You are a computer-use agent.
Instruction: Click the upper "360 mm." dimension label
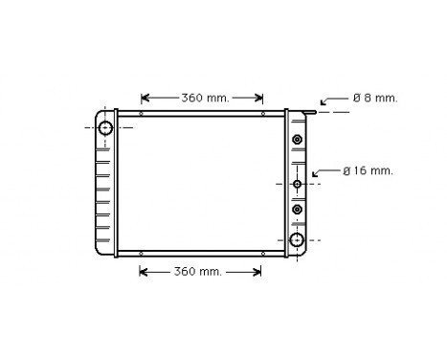(202, 98)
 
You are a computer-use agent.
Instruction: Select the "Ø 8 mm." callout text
(374, 98)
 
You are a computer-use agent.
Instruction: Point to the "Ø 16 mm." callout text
(369, 171)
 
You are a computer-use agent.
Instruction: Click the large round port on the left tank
(105, 128)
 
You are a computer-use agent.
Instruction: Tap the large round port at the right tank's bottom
(298, 239)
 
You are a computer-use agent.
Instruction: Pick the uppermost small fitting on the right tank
(298, 141)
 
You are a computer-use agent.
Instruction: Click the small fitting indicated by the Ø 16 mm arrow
(298, 183)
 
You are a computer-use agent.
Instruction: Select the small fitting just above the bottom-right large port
(298, 209)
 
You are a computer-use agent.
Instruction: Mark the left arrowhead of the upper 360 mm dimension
(145, 98)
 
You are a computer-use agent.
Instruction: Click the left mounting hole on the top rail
(142, 114)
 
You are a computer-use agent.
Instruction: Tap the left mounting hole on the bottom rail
(142, 254)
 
